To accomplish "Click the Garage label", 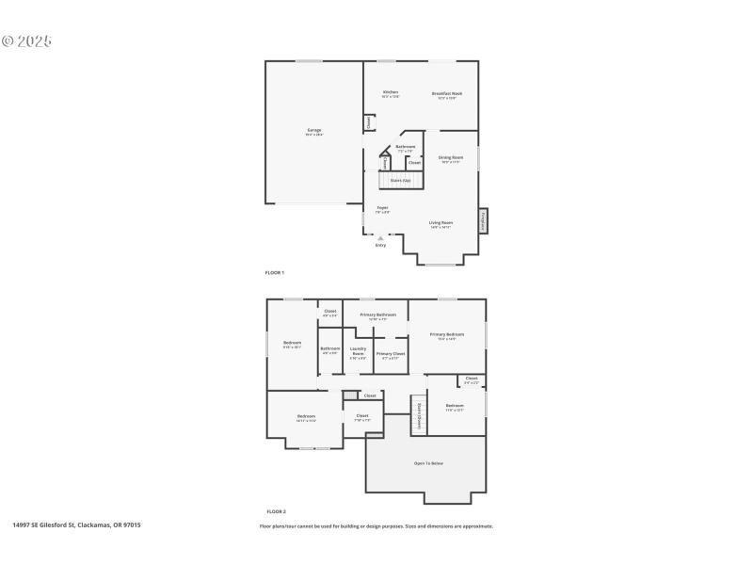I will coord(314,131).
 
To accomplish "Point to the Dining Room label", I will coord(451,158).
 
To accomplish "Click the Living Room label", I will coord(441,224).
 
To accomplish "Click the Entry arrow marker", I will coord(380,239).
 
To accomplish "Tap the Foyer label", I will coord(383,209).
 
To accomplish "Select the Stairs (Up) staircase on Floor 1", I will coord(400,179).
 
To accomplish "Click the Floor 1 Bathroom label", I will coord(406,148).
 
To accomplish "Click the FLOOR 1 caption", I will coord(275,272).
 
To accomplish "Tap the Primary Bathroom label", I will coord(377,315).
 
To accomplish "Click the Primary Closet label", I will coord(390,355).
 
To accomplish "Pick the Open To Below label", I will coord(428,463).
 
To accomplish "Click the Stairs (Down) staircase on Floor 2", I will coord(418,415).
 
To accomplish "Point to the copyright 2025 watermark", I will coord(26,41).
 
